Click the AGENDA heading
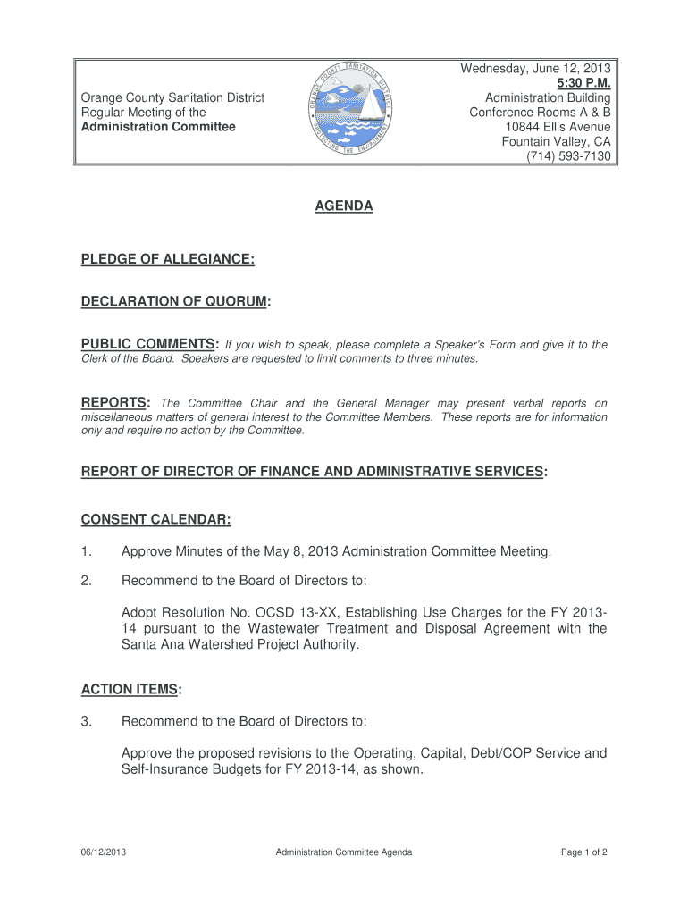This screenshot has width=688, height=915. (x=343, y=206)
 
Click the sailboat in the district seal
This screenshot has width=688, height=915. (x=368, y=105)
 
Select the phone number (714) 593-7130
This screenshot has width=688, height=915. (x=568, y=156)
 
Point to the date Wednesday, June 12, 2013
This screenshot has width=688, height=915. (x=535, y=68)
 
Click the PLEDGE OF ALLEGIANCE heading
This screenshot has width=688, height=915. (x=168, y=259)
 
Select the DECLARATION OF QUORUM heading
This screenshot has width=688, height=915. (x=175, y=302)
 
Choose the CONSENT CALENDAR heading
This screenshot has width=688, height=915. (x=156, y=520)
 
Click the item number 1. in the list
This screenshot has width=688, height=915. (x=87, y=552)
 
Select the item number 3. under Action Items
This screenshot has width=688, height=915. (x=87, y=721)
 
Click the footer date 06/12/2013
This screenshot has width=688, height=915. (x=103, y=852)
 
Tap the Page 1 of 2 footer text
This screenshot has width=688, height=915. (x=583, y=852)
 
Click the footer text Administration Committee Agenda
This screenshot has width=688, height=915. (x=344, y=852)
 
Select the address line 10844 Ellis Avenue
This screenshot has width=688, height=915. (x=558, y=127)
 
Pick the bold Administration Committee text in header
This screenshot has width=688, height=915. (x=158, y=127)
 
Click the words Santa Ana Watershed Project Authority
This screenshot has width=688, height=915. (x=239, y=645)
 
